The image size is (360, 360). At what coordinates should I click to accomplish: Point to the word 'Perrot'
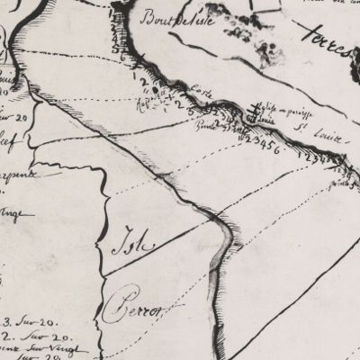coord(142,309)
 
